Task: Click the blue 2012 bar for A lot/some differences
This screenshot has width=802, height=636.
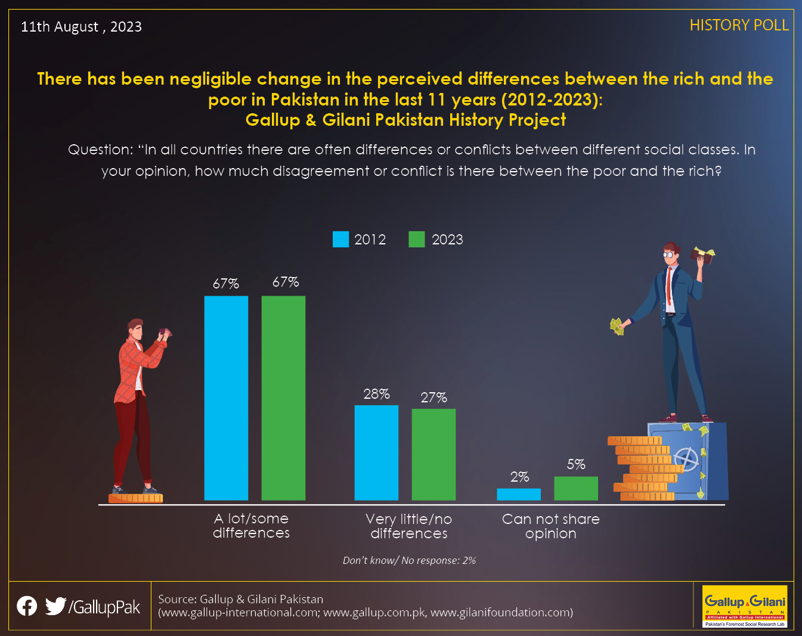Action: click(x=226, y=398)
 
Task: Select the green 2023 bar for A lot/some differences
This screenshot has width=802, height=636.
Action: click(x=284, y=398)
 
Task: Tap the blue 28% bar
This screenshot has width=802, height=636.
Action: click(x=376, y=452)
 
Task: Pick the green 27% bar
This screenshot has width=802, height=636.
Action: click(x=434, y=455)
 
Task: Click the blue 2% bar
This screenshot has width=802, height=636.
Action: click(x=519, y=494)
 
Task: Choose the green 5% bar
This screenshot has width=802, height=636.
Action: click(x=576, y=488)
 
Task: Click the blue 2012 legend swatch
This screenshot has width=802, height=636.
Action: click(x=340, y=239)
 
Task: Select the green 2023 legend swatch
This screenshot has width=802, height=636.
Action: click(x=417, y=239)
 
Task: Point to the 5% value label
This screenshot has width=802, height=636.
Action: click(x=576, y=464)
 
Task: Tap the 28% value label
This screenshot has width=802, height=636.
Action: click(x=376, y=394)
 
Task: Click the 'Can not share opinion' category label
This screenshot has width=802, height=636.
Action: click(x=551, y=526)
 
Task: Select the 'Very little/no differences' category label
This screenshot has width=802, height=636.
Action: click(x=409, y=526)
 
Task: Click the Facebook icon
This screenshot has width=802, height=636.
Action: click(x=27, y=606)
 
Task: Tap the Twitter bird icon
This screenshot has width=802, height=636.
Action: click(x=55, y=606)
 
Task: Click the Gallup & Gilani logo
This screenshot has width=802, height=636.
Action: click(x=745, y=606)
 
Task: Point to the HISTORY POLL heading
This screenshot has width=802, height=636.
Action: click(x=739, y=26)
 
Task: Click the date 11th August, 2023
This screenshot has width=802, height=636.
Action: click(x=81, y=27)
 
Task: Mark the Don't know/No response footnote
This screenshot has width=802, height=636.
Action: click(x=409, y=560)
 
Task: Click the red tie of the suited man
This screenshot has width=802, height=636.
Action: click(x=669, y=286)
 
